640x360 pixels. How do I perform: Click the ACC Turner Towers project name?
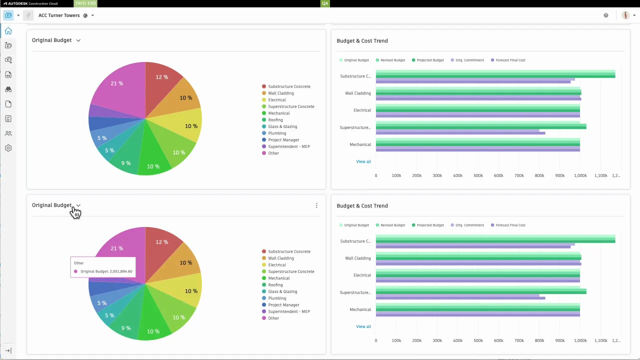pyautogui.click(x=59, y=15)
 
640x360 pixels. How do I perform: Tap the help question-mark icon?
pyautogui.click(x=606, y=15)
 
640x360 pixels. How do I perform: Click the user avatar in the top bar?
pyautogui.click(x=625, y=15)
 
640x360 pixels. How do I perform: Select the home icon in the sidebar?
pyautogui.click(x=8, y=31)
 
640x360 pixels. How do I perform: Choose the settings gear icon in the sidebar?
pyautogui.click(x=8, y=148)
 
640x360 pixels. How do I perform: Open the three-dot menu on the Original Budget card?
pyautogui.click(x=316, y=205)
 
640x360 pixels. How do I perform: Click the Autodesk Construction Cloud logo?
pyautogui.click(x=29, y=3)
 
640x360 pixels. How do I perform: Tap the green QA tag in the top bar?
pyautogui.click(x=325, y=3)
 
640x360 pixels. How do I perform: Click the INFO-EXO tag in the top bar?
pyautogui.click(x=85, y=3)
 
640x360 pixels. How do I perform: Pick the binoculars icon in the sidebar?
pyautogui.click(x=8, y=89)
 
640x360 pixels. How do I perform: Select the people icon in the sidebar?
pyautogui.click(x=8, y=133)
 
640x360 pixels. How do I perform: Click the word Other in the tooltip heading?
pyautogui.click(x=79, y=263)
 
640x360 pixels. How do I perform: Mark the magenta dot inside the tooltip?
pyautogui.click(x=76, y=271)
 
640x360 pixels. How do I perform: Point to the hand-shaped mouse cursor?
pyautogui.click(x=75, y=213)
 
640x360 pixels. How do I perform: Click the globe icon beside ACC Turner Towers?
pyautogui.click(x=85, y=15)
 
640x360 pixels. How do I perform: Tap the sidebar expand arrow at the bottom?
pyautogui.click(x=8, y=350)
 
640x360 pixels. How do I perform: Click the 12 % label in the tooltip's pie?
pyautogui.click(x=161, y=242)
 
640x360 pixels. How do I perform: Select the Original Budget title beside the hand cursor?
pyautogui.click(x=51, y=205)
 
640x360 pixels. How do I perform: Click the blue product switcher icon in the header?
pyautogui.click(x=8, y=15)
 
